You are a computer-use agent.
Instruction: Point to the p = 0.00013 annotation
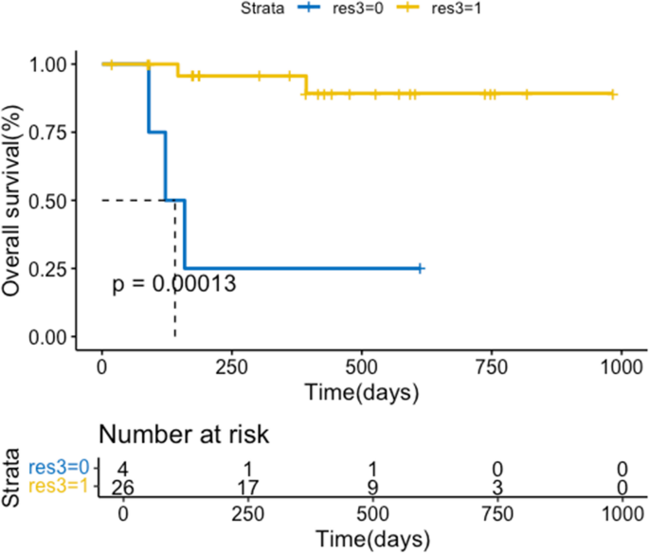click(x=174, y=284)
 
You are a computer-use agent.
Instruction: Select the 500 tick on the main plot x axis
click(x=361, y=366)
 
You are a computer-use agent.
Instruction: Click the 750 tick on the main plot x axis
click(x=491, y=366)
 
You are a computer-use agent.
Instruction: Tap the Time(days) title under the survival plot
click(x=361, y=390)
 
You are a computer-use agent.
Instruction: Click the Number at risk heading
click(x=184, y=436)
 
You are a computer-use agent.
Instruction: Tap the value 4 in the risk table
click(x=122, y=467)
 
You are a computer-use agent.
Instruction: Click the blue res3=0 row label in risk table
click(x=59, y=467)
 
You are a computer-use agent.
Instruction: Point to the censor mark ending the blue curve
click(x=420, y=269)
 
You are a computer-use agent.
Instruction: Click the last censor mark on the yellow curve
click(x=613, y=95)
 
